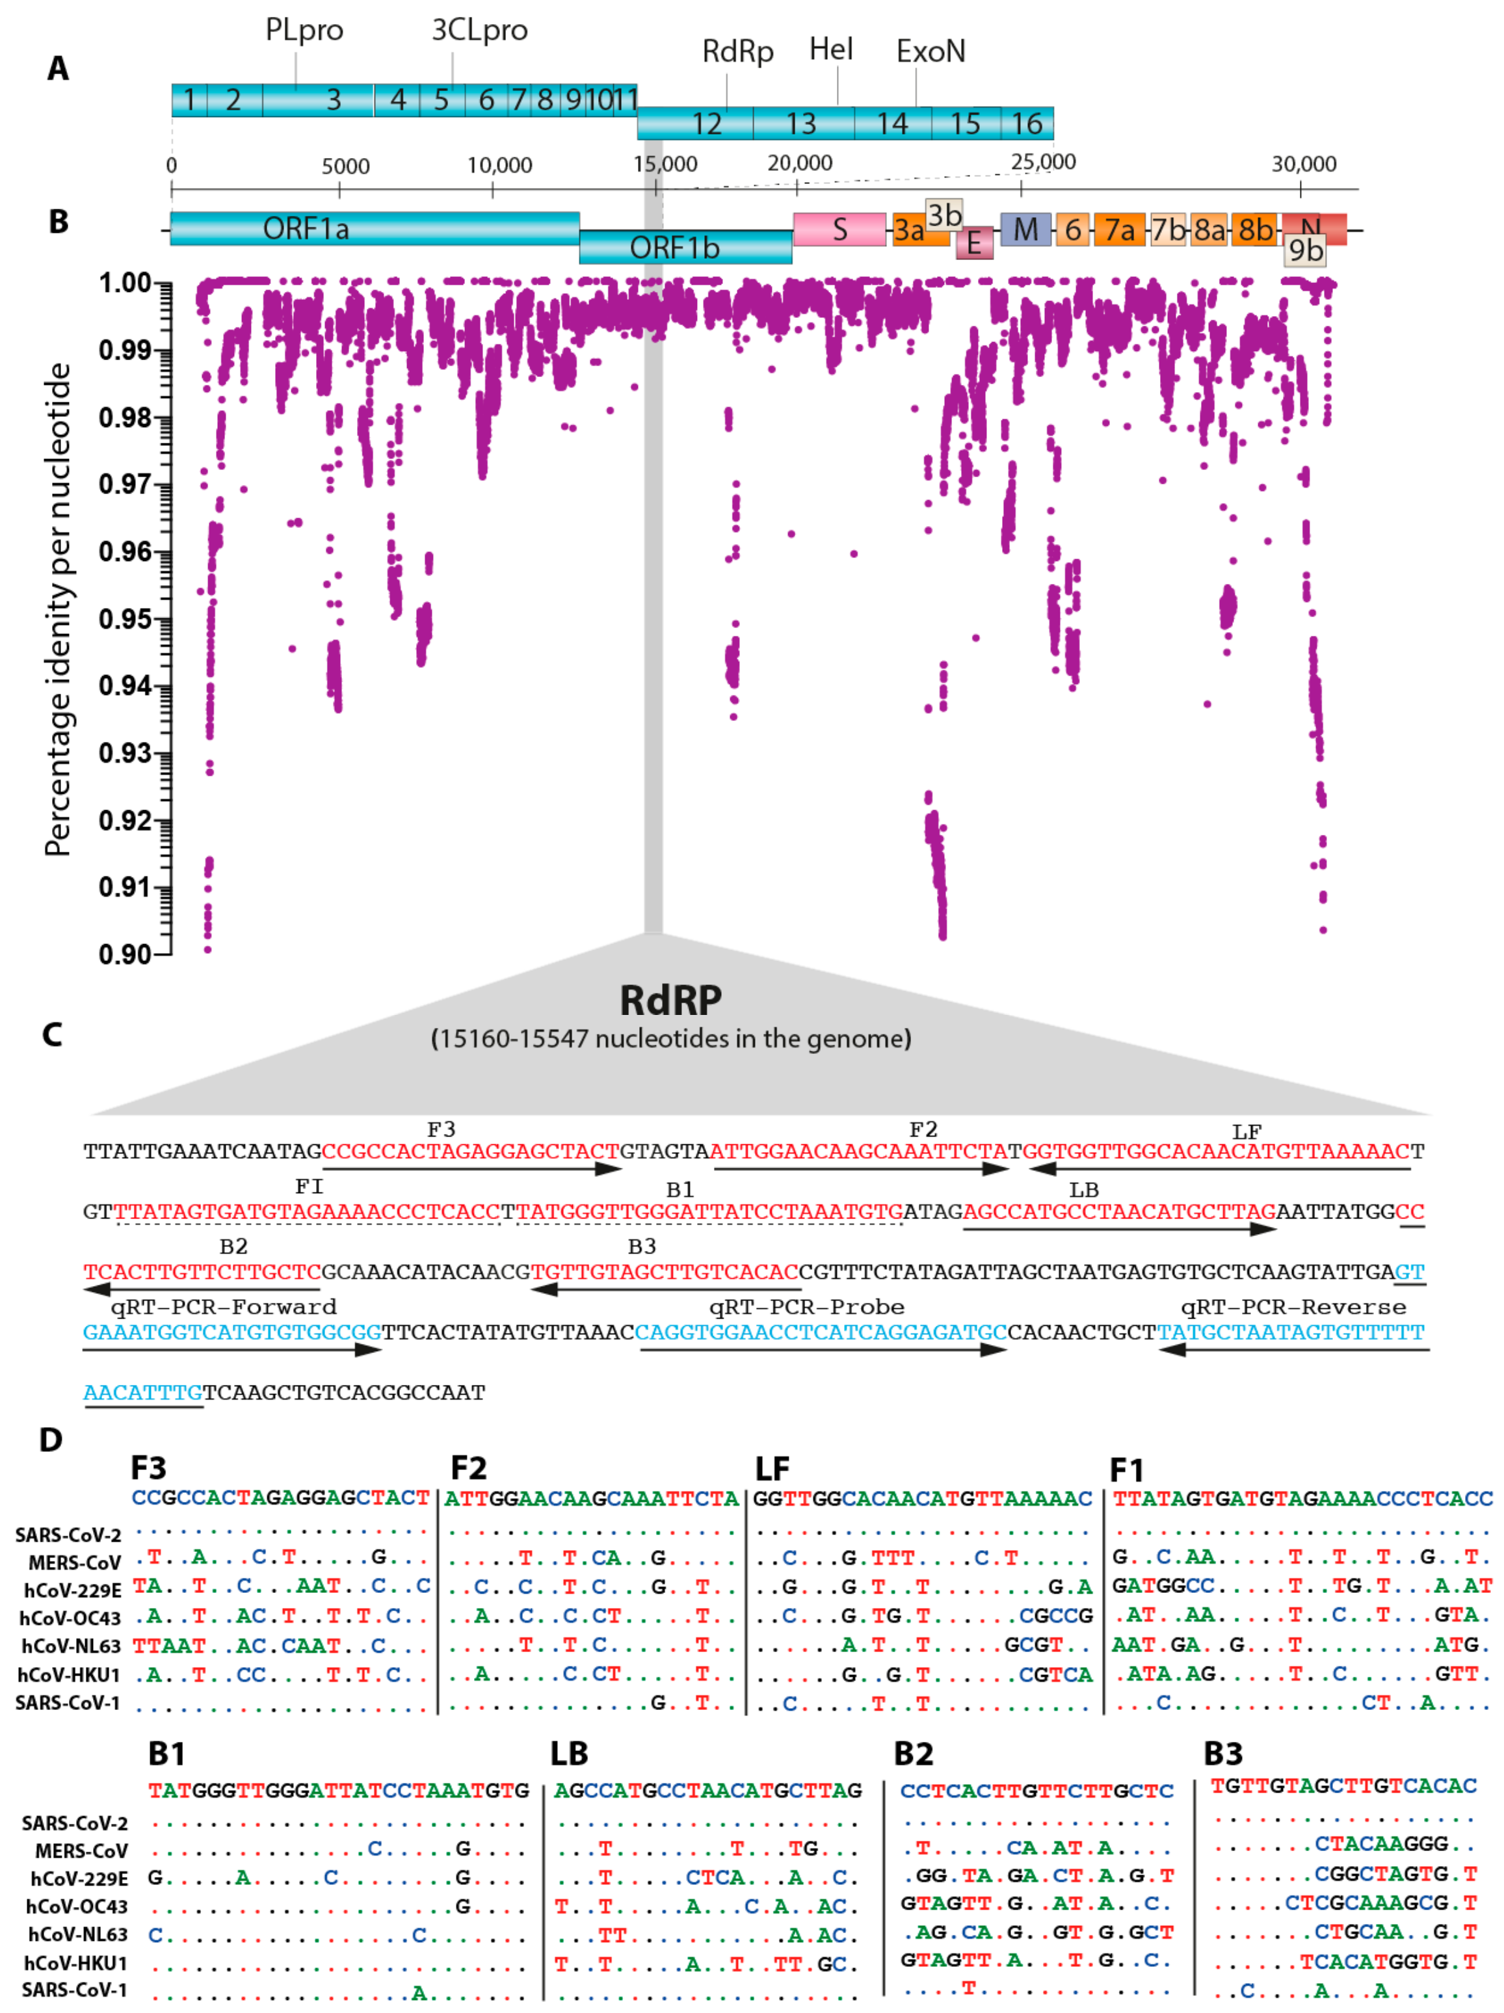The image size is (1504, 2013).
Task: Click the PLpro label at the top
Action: point(304,30)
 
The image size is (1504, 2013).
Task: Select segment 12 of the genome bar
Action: point(706,123)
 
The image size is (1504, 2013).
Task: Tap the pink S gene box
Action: point(839,230)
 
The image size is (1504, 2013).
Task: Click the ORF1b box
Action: point(675,248)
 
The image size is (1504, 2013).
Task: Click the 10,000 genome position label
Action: point(499,166)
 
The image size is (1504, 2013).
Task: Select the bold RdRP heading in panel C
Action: point(670,1000)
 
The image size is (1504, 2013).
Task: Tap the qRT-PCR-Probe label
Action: point(806,1307)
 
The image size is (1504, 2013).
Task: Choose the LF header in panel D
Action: point(772,1469)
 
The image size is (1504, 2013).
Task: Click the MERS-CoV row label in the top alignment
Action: point(75,1562)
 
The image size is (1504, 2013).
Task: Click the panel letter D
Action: point(51,1440)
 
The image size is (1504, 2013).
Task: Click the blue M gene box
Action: point(1025,230)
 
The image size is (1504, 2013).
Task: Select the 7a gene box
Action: point(1118,230)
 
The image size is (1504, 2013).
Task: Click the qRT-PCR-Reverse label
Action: point(1293,1307)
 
